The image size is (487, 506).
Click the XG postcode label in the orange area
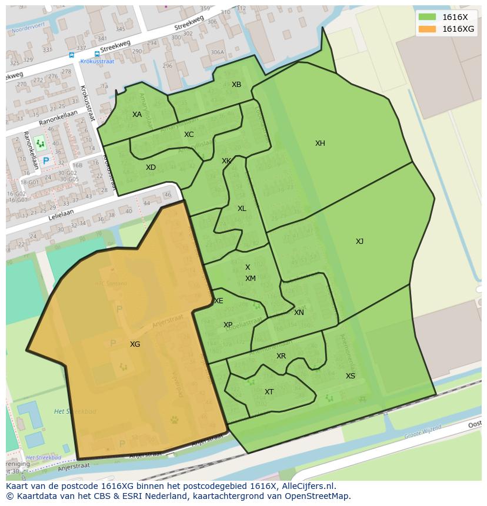click(135, 344)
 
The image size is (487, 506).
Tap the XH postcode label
click(320, 143)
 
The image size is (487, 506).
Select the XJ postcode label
click(359, 242)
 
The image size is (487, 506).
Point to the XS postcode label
click(350, 376)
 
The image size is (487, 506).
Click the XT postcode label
click(269, 392)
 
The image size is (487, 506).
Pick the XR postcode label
click(281, 356)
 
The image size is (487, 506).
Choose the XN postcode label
click(299, 313)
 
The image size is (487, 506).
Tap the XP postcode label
click(228, 325)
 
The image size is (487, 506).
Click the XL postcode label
click(242, 209)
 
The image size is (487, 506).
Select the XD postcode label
click(151, 167)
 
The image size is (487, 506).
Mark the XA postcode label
click(137, 115)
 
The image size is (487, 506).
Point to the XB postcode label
click(236, 85)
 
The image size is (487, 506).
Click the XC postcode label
click(188, 135)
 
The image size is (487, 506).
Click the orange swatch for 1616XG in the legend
click(428, 29)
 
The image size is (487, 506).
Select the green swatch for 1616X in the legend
click(428, 18)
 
